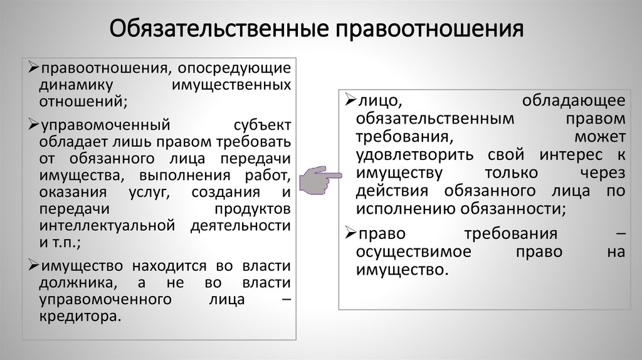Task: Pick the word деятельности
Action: pyautogui.click(x=241, y=225)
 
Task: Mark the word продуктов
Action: pyautogui.click(x=252, y=208)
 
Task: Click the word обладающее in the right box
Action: pyautogui.click(x=573, y=101)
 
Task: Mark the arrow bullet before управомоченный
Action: pyautogui.click(x=33, y=124)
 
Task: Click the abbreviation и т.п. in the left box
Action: pyautogui.click(x=60, y=241)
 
